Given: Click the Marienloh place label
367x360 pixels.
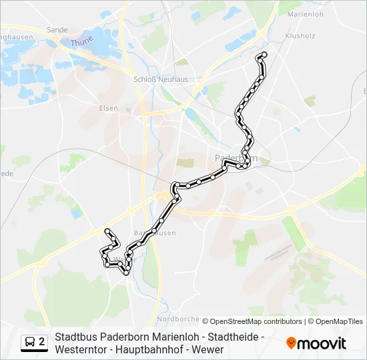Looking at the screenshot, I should [304, 13].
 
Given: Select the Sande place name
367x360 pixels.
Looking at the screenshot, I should [57, 30].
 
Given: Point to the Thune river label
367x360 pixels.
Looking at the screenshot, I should [81, 41].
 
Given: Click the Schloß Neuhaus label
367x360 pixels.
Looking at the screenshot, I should [161, 79].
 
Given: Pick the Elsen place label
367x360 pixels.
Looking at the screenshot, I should [108, 108].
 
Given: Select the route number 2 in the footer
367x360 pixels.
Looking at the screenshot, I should [43, 342].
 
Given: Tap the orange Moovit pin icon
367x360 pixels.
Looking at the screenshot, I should [291, 344].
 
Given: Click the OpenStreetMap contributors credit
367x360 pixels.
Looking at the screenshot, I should [252, 321].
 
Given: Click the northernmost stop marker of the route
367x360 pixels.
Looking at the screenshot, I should [264, 55].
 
